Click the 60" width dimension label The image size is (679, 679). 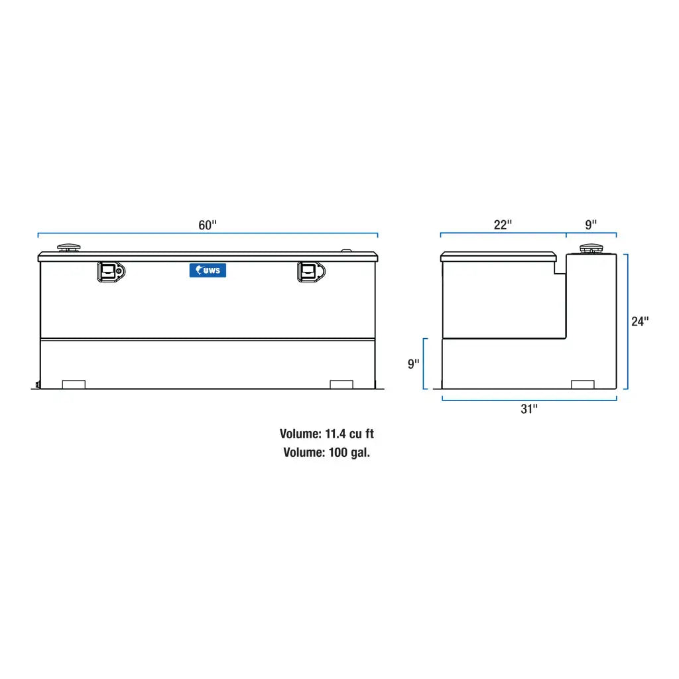click(x=208, y=225)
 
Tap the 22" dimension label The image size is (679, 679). click(x=503, y=225)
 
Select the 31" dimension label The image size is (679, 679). click(x=528, y=409)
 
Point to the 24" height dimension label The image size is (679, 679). click(x=640, y=322)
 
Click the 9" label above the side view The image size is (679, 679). click(x=591, y=225)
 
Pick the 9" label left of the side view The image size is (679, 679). click(x=414, y=364)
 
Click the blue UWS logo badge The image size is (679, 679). click(x=208, y=271)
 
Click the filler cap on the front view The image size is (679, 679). click(x=69, y=249)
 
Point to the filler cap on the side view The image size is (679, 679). click(x=589, y=249)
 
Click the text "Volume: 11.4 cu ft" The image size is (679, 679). click(x=327, y=434)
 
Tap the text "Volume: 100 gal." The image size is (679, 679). click(x=327, y=453)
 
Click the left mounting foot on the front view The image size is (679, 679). click(x=74, y=385)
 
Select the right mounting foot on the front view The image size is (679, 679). click(x=341, y=385)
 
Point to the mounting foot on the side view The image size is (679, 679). click(x=583, y=385)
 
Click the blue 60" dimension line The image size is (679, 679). click(x=133, y=233)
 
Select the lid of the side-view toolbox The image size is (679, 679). click(x=499, y=257)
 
